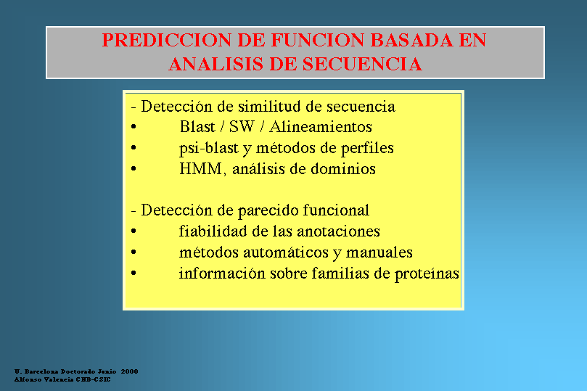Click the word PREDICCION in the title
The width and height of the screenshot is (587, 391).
point(167,40)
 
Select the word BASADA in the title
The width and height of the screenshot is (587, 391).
point(411,40)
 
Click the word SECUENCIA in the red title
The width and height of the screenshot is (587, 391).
point(362,64)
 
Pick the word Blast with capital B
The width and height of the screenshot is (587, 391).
point(197,126)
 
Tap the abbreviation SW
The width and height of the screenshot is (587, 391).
point(242,126)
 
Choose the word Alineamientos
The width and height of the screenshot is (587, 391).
point(321,126)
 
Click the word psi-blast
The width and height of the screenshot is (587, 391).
point(209,148)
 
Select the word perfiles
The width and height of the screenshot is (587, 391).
point(367,148)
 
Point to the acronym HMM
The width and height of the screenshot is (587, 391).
point(201,169)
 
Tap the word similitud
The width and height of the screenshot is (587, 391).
point(269,106)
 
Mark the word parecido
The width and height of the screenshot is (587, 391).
point(268,210)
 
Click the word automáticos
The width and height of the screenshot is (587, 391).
point(292,252)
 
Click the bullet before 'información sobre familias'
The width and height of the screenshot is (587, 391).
point(134,273)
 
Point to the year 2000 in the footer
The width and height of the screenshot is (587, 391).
point(130,371)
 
